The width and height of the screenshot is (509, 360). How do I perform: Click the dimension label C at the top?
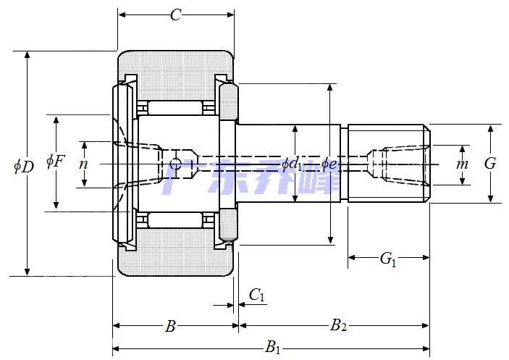point(175,14)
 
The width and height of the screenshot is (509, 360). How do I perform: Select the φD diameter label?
point(24,166)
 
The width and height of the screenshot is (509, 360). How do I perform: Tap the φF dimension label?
point(55,161)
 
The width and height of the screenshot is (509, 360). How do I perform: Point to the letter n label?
point(83,164)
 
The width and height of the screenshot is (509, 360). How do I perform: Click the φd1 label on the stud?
point(292,164)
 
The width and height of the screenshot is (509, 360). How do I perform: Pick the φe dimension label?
point(329,164)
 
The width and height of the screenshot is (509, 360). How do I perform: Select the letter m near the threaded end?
point(462,164)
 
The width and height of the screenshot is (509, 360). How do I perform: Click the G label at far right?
point(490,164)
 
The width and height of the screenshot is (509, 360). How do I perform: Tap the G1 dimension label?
point(389,259)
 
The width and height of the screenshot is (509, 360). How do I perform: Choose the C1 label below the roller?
point(257,294)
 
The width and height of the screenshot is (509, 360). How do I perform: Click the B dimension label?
point(170,327)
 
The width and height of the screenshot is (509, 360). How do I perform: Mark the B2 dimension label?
point(338,326)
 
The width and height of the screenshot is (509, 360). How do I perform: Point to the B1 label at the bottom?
point(273,348)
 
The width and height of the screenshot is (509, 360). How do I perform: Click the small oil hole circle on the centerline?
point(174,164)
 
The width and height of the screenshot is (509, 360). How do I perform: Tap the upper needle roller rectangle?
point(174,108)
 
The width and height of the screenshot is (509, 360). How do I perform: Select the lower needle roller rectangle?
point(174,219)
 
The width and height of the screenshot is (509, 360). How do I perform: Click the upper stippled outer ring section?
point(177,72)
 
